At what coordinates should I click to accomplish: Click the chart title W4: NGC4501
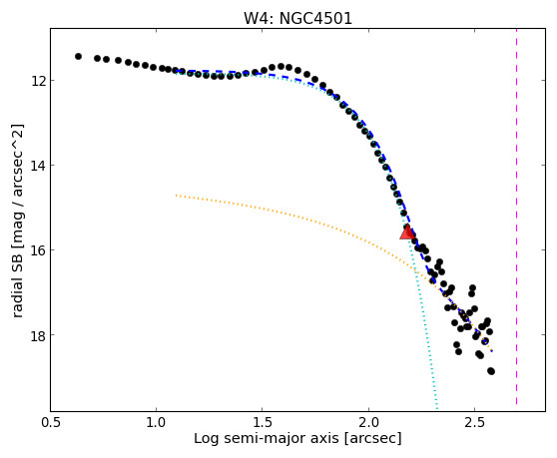(297, 18)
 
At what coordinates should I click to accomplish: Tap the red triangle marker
(407, 231)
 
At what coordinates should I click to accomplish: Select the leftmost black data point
(78, 56)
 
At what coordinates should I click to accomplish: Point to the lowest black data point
(491, 371)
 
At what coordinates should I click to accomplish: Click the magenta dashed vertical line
(516, 217)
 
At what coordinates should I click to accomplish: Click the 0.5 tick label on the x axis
(50, 422)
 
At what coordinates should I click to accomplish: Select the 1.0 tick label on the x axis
(157, 422)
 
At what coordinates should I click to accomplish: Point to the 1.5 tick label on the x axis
(263, 422)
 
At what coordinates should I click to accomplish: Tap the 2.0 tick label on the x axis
(368, 422)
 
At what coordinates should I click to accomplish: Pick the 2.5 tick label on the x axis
(474, 422)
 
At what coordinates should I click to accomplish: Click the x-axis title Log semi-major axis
(267, 438)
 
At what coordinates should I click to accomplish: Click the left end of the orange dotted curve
(177, 195)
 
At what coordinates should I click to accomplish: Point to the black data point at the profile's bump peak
(280, 66)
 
